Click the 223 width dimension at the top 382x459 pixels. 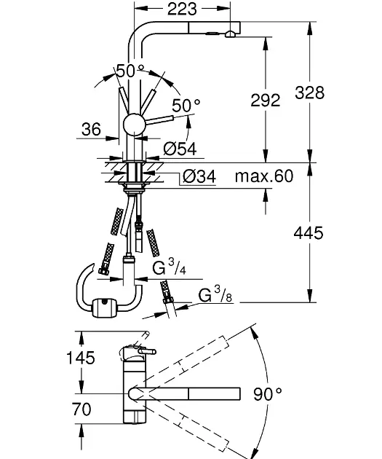(182, 9)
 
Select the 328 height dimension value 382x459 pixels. (309, 93)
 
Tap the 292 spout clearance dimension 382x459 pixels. (266, 101)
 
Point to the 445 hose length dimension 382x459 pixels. (309, 233)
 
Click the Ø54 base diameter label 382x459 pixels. (180, 149)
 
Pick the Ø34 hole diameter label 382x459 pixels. (199, 176)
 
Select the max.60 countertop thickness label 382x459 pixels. (264, 176)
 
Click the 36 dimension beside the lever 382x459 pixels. (91, 129)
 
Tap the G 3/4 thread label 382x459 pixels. (169, 267)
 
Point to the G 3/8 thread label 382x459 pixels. (215, 294)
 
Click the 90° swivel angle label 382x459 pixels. (268, 393)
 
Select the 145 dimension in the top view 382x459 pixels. (81, 358)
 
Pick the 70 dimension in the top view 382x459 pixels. (81, 409)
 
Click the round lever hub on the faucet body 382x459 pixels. (134, 125)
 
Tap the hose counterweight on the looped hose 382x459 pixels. (104, 307)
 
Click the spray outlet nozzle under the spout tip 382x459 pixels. (231, 34)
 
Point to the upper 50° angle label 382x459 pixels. (130, 71)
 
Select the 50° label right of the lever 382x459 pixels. (186, 106)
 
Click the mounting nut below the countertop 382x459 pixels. (135, 187)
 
